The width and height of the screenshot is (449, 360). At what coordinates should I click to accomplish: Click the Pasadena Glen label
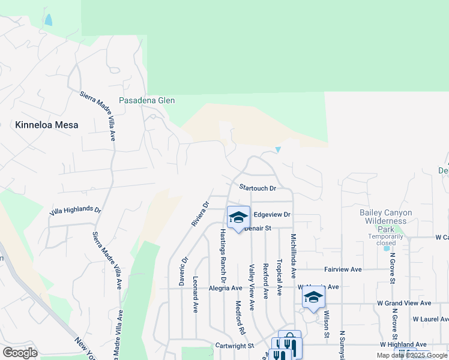click(147, 100)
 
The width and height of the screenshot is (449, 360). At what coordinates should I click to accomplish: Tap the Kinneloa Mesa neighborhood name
click(46, 125)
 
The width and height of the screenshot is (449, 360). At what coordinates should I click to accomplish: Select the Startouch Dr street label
click(257, 188)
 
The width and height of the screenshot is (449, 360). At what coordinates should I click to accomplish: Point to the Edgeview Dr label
click(272, 214)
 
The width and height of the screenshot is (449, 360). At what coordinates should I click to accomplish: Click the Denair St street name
click(258, 228)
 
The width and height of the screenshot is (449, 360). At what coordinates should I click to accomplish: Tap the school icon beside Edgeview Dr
click(238, 217)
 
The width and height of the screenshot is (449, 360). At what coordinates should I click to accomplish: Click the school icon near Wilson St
click(313, 297)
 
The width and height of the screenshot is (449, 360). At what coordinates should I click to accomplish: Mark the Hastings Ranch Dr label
click(222, 256)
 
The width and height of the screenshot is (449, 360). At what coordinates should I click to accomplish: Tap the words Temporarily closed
click(386, 239)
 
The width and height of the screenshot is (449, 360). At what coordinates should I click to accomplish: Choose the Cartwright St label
click(235, 346)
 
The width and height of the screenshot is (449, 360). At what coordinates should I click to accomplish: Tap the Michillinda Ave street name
click(294, 256)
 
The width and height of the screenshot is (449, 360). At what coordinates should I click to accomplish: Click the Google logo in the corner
click(20, 353)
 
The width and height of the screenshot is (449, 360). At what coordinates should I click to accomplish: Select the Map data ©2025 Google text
click(411, 355)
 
